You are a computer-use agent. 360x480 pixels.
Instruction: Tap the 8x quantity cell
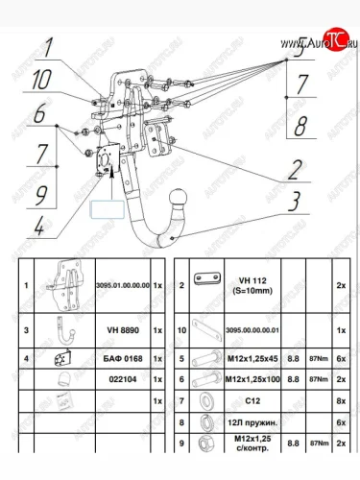pos(342,399)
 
